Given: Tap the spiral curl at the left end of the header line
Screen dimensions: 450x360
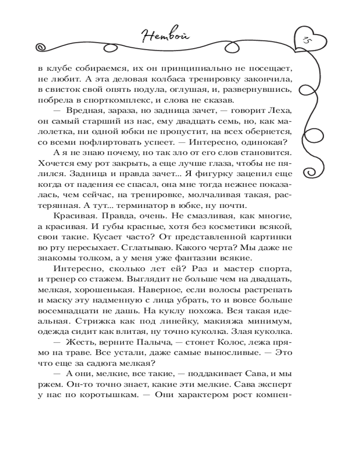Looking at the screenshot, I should point(40,47).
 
